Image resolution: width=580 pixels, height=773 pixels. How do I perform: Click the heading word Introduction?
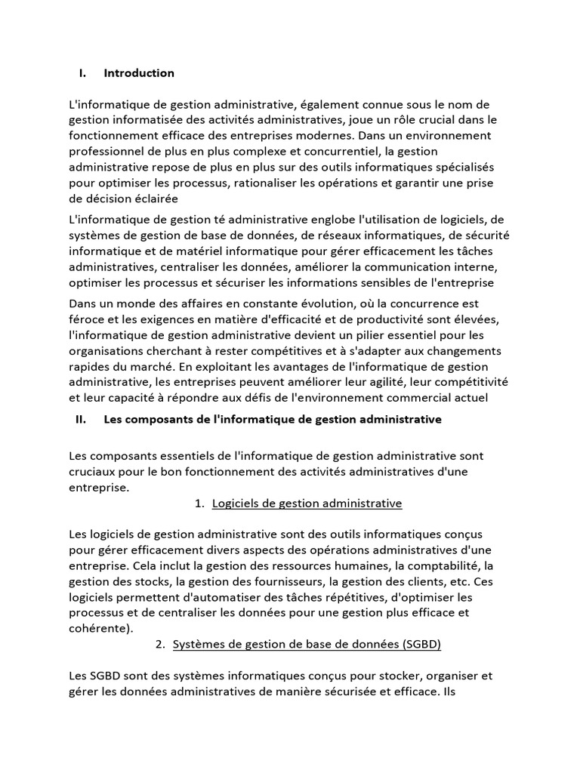point(139,73)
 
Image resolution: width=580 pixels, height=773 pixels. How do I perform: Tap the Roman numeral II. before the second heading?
point(83,419)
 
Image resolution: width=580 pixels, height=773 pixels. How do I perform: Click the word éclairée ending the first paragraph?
point(154,199)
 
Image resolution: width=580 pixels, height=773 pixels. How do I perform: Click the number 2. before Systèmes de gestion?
point(159,645)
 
